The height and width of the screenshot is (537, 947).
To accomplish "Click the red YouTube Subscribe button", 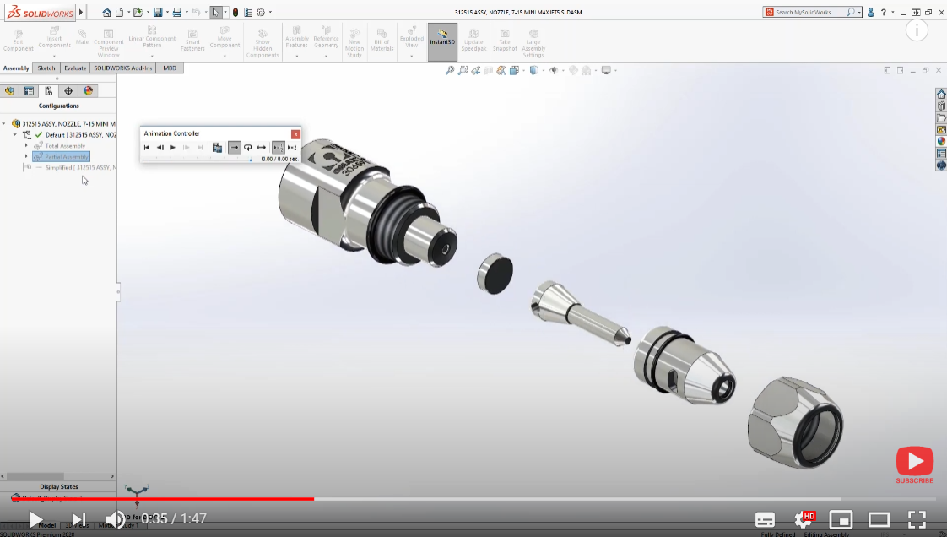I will pyautogui.click(x=914, y=464).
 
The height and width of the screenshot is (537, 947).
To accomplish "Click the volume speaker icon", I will pyautogui.click(x=115, y=519).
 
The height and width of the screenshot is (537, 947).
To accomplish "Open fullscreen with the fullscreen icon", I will pyautogui.click(x=917, y=519).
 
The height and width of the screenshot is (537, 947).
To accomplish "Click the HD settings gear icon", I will pyautogui.click(x=804, y=519).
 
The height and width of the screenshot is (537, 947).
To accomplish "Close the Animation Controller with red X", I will pyautogui.click(x=295, y=134).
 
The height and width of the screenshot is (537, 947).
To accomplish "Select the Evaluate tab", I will pyautogui.click(x=75, y=68).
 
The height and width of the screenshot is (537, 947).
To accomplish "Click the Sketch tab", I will pyautogui.click(x=46, y=68).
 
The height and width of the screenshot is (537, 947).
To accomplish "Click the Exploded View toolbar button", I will pyautogui.click(x=412, y=41).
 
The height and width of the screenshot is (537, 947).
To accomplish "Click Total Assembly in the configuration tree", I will pyautogui.click(x=65, y=146).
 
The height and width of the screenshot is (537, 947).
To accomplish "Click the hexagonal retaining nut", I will pyautogui.click(x=794, y=422).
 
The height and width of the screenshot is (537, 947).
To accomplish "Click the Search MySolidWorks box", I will pyautogui.click(x=814, y=12).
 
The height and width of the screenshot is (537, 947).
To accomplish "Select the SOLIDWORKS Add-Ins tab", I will pyautogui.click(x=123, y=68).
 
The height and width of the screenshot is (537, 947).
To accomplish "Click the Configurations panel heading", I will pyautogui.click(x=58, y=106).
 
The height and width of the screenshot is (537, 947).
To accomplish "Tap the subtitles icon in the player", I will pyautogui.click(x=765, y=519).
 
